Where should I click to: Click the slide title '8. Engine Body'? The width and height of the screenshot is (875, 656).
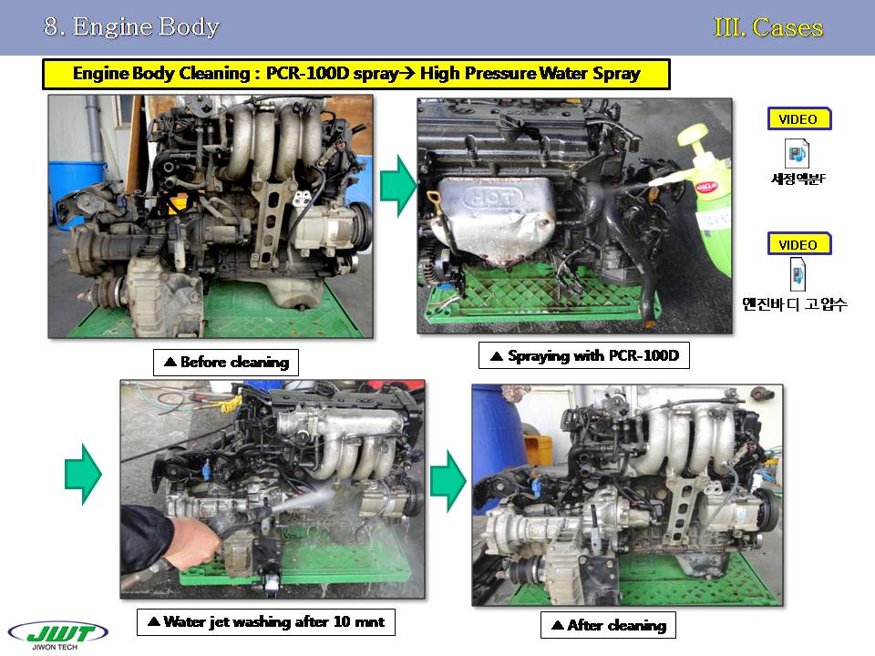point(131,26)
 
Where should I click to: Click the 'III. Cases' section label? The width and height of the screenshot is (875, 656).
point(768,27)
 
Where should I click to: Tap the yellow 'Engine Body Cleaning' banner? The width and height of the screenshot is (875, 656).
point(356,74)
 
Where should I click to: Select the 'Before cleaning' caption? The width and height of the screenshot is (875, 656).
point(226,363)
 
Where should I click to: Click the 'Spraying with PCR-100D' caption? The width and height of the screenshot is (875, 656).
point(584,356)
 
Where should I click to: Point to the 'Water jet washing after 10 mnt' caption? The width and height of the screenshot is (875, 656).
point(266,622)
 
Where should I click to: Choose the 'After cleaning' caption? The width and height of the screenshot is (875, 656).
point(608,625)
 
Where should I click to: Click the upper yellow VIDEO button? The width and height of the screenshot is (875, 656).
point(799,118)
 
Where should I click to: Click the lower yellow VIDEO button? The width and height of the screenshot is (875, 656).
point(799,244)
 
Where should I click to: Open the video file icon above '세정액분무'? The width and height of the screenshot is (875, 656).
point(797,153)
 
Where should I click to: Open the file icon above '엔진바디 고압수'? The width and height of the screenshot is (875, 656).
point(798,274)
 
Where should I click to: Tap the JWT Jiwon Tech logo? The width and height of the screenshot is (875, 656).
point(57,635)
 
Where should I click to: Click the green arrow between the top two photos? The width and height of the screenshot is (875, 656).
point(398,186)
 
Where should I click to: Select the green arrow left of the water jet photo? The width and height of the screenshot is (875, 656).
point(83,475)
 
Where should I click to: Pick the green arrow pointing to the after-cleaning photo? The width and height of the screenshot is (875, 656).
point(448,481)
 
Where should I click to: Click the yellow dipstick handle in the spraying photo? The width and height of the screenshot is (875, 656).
point(433,197)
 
